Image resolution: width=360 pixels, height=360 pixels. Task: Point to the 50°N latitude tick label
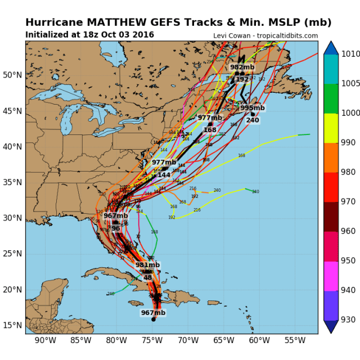point(12,75)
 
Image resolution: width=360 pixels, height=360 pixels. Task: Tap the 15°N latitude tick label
point(12,326)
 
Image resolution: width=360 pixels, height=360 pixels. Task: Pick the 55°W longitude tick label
point(295,340)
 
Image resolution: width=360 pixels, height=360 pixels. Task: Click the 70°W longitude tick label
point(188,340)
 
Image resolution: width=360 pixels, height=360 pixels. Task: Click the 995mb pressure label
point(253,107)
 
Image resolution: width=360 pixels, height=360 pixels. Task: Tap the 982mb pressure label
point(241,67)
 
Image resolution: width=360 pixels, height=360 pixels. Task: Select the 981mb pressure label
point(147,265)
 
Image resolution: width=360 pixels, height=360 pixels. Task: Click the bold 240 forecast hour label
point(253,120)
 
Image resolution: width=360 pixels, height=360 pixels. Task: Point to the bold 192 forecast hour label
point(242,79)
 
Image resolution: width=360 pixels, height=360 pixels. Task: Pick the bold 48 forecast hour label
point(147,277)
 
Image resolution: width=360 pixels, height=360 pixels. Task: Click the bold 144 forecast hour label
point(164,175)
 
